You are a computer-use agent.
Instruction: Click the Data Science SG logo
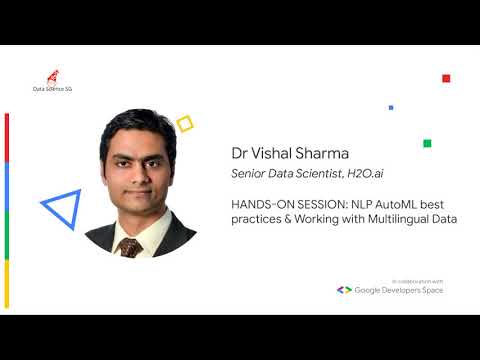tap(52, 81)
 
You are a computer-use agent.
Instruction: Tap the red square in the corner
tap(446, 78)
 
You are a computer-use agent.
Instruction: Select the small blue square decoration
tap(391, 107)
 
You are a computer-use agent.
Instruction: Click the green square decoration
tap(427, 143)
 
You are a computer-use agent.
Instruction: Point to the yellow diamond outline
tap(184, 123)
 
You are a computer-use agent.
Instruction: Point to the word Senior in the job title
tap(248, 176)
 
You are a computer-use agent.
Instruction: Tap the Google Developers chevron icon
tap(343, 290)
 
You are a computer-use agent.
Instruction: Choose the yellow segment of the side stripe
tap(7, 284)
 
